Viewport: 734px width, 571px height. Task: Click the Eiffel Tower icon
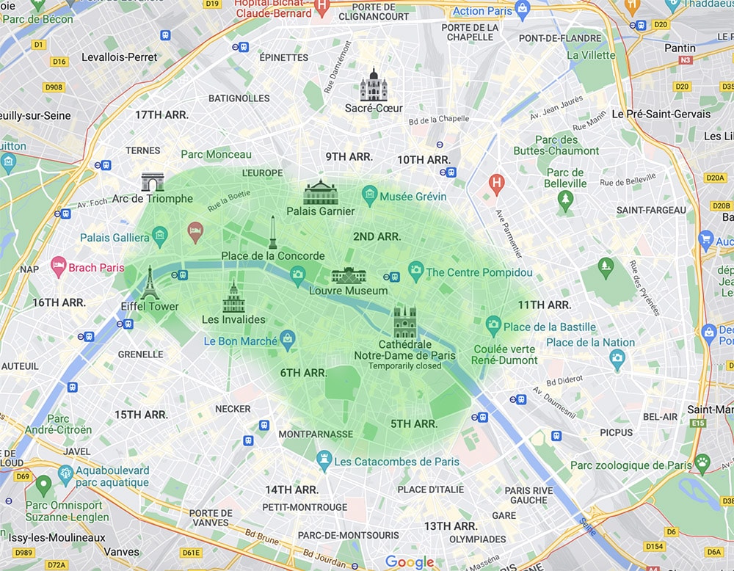click(x=150, y=283)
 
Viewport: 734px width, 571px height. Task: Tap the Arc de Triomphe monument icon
click(x=153, y=182)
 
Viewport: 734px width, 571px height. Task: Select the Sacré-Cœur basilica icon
click(x=373, y=86)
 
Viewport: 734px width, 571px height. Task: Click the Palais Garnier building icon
click(x=320, y=193)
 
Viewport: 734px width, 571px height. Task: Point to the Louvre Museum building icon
click(x=348, y=275)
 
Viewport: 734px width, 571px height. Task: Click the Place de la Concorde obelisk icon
click(x=272, y=233)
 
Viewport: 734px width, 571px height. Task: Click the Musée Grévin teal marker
click(x=370, y=196)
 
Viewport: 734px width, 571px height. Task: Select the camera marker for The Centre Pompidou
click(x=416, y=272)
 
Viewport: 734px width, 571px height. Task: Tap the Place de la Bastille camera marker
click(x=493, y=326)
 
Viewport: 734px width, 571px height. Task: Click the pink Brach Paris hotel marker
click(x=58, y=267)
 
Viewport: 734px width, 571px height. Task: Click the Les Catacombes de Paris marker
click(x=324, y=461)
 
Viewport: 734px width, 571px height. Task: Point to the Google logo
click(x=410, y=562)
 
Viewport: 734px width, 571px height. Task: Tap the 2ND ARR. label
click(x=377, y=236)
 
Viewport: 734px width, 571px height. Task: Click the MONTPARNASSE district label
click(x=315, y=434)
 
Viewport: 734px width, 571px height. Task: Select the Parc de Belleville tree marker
click(x=564, y=200)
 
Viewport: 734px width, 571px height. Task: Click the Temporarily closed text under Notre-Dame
click(x=404, y=365)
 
